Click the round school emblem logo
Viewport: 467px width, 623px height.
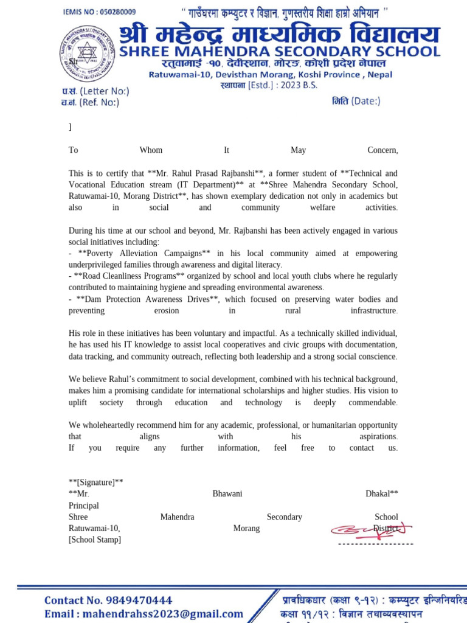pyautogui.click(x=85, y=54)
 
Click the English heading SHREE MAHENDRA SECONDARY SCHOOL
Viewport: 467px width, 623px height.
pyautogui.click(x=279, y=52)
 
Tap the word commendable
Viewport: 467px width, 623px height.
pyautogui.click(x=373, y=403)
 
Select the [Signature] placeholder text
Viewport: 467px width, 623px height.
pyautogui.click(x=96, y=482)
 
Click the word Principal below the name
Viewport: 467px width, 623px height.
pyautogui.click(x=84, y=506)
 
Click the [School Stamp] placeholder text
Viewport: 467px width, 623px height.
pyautogui.click(x=95, y=540)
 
